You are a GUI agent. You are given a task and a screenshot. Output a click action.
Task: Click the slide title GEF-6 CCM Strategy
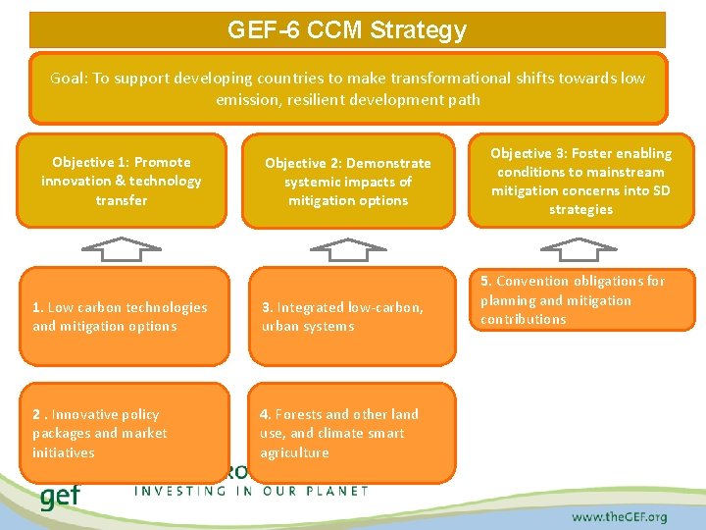[x=347, y=30]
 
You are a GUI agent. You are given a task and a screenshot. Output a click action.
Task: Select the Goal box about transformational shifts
[x=347, y=87]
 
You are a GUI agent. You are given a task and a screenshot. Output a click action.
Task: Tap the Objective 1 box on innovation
[x=122, y=181]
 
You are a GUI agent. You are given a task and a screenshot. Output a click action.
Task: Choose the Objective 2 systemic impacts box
[x=348, y=182]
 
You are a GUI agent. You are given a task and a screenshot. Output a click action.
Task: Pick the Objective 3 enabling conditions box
[x=580, y=181]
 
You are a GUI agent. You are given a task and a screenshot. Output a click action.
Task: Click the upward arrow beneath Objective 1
[x=122, y=249]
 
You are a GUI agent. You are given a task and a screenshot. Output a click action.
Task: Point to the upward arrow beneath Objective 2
[x=348, y=249]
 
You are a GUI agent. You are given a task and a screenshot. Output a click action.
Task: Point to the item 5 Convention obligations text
[x=573, y=299]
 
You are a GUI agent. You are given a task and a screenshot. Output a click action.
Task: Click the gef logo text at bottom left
[x=60, y=496]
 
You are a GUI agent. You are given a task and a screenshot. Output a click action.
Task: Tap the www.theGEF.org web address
[x=619, y=516]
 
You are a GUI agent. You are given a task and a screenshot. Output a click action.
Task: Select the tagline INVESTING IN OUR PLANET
[x=250, y=490]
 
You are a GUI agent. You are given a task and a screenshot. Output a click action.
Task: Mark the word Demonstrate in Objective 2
[x=388, y=163]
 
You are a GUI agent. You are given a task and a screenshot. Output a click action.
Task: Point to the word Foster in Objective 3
[x=592, y=153]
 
